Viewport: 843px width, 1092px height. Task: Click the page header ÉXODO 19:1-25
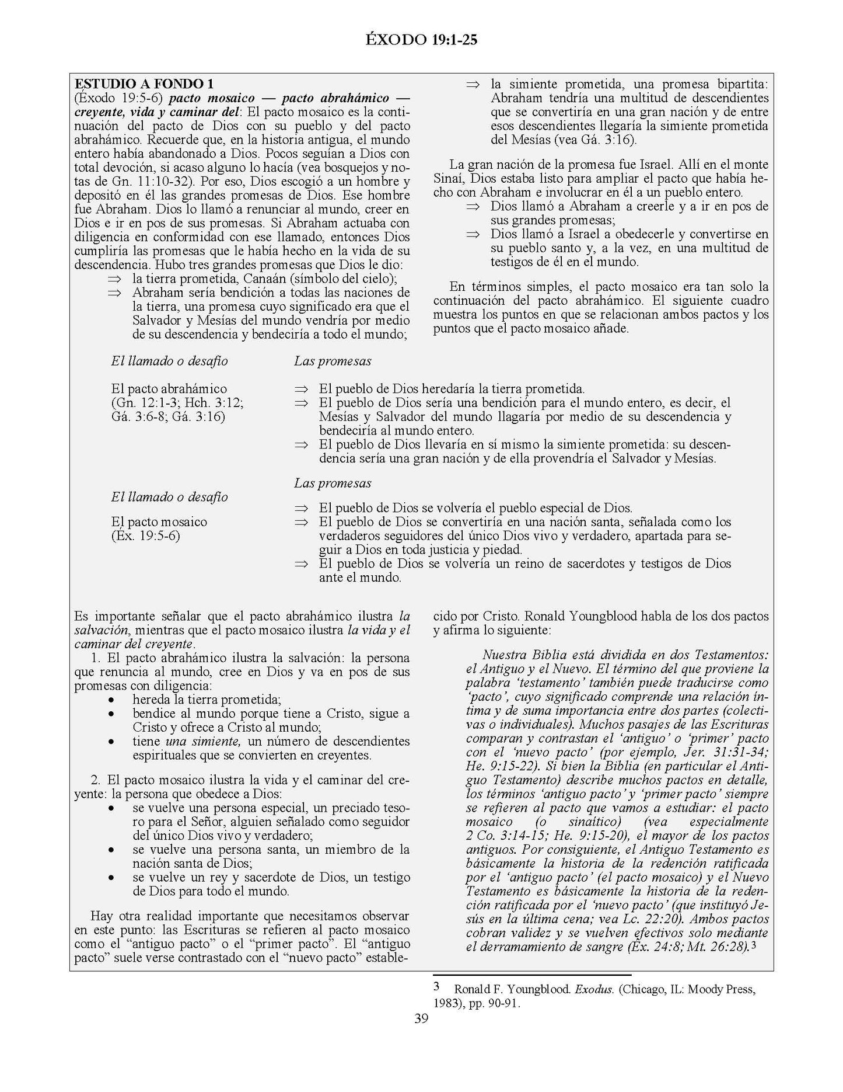[422, 39]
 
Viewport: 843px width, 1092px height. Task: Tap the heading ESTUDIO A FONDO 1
[140, 84]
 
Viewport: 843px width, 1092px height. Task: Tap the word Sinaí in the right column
[449, 178]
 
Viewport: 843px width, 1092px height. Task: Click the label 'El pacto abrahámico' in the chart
[169, 389]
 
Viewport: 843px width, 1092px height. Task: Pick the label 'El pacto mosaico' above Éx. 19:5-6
[159, 521]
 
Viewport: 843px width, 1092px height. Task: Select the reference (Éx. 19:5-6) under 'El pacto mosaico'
[145, 535]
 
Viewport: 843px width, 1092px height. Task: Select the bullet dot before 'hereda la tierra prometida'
[111, 700]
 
